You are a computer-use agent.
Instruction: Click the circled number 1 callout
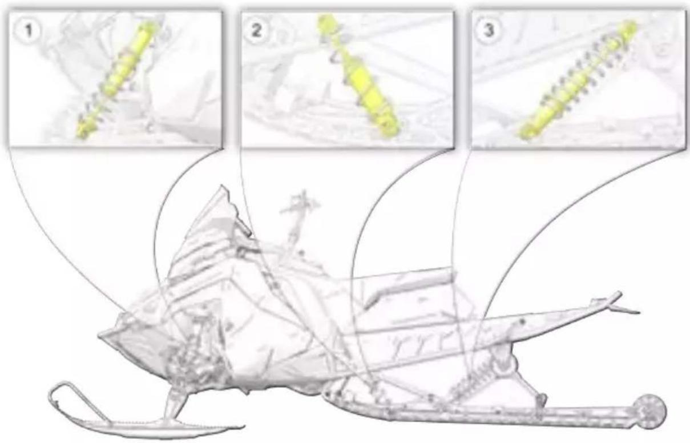coord(28,30)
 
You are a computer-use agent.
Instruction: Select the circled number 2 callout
coord(256,30)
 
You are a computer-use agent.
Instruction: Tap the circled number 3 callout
coord(488,30)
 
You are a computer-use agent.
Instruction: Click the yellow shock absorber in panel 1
coord(119,79)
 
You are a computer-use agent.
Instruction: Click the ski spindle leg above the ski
coord(176,403)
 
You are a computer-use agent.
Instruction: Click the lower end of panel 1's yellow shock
coord(82,132)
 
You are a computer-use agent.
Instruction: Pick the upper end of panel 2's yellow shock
coord(326,23)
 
